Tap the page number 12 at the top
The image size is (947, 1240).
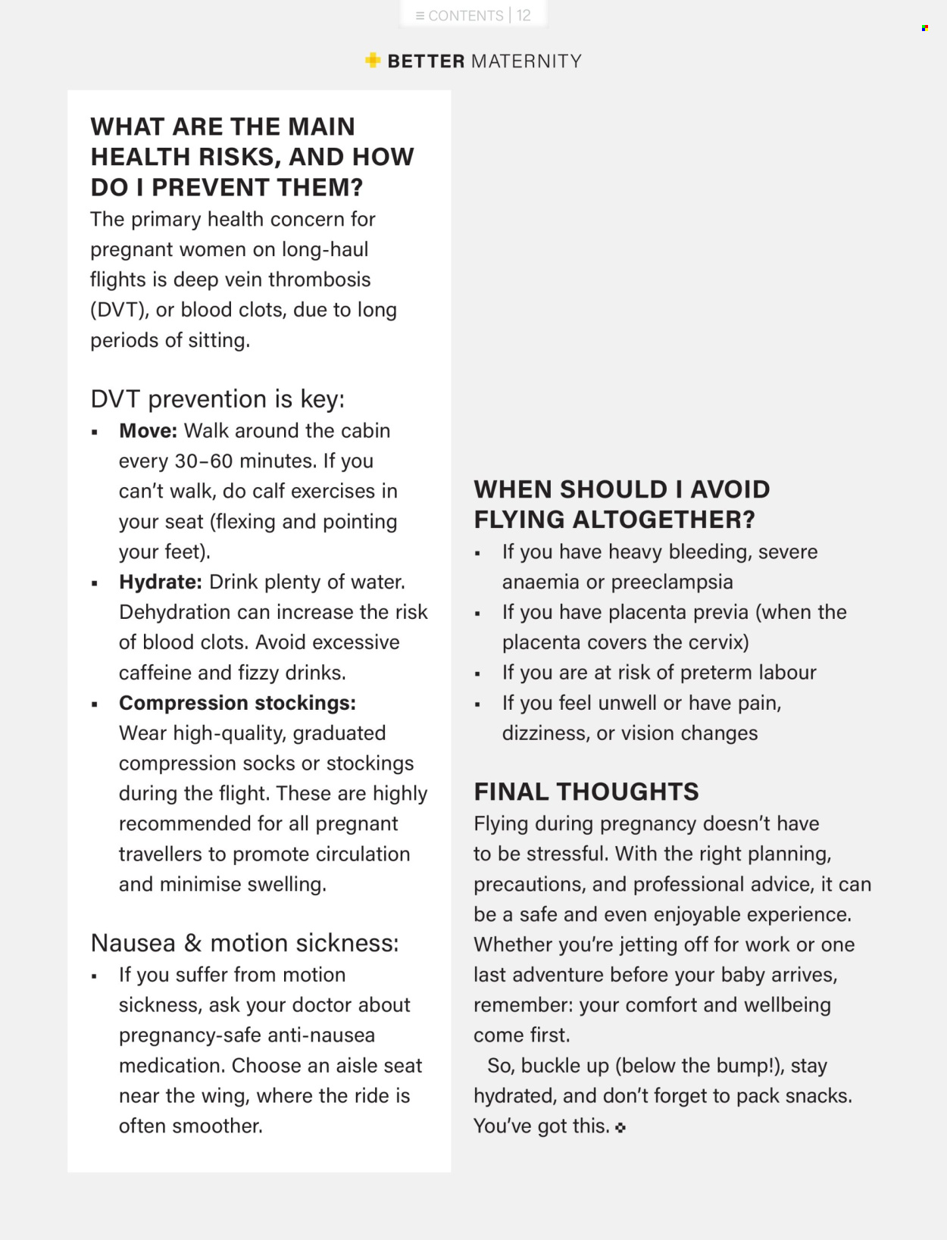point(524,16)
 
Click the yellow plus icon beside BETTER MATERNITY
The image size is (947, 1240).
point(373,61)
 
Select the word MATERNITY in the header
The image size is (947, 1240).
point(527,61)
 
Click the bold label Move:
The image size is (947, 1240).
point(148,431)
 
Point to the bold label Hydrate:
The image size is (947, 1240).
point(160,583)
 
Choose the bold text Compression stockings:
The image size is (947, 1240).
point(237,703)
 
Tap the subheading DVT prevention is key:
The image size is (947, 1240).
point(217,399)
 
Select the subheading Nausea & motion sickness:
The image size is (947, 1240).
point(245,943)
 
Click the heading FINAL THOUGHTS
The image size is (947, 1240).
point(586,792)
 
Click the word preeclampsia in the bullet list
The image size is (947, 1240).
point(672,583)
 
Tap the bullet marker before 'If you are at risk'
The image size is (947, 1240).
point(477,673)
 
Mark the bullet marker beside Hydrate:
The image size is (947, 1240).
point(95,583)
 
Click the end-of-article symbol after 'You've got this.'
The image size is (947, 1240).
point(621,1128)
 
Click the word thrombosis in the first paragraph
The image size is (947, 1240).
point(319,280)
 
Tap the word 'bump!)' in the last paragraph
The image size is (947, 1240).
point(750,1066)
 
